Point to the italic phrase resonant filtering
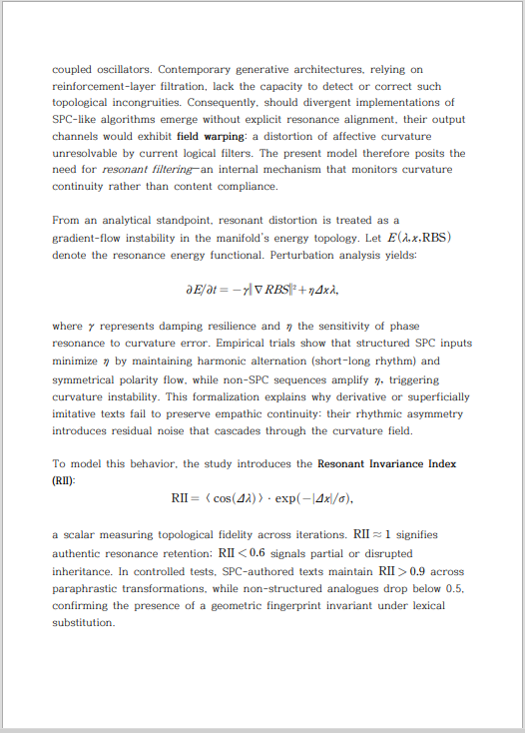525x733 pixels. pyautogui.click(x=140, y=169)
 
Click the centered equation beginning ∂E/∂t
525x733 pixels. pyautogui.click(x=262, y=291)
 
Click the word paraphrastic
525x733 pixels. pyautogui.click(x=93, y=588)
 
